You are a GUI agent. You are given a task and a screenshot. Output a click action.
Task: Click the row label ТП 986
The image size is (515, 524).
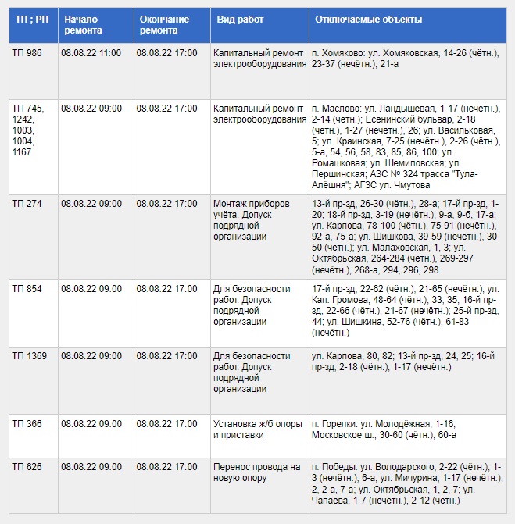(x=27, y=53)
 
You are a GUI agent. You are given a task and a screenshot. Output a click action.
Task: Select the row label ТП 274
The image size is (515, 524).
(x=27, y=204)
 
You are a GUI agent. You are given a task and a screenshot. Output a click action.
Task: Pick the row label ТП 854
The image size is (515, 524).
(x=27, y=289)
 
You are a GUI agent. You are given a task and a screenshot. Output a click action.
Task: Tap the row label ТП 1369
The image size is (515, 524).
(x=30, y=356)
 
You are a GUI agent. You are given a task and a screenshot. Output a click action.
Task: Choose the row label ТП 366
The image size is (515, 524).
(x=27, y=424)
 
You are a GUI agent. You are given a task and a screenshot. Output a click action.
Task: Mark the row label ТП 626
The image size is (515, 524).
(x=27, y=467)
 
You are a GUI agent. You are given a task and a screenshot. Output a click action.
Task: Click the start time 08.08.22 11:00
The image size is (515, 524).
(x=91, y=53)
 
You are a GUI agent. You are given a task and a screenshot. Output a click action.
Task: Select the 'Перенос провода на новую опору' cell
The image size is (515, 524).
(x=257, y=472)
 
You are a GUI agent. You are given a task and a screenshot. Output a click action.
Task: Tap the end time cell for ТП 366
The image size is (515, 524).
(x=166, y=424)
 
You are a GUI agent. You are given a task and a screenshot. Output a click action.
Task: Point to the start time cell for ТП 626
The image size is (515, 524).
(x=91, y=467)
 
